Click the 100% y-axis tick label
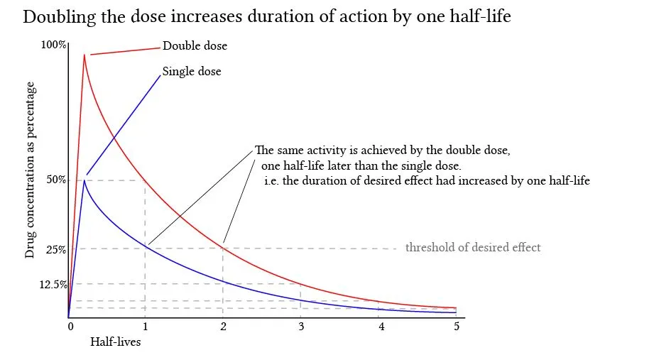(x=53, y=45)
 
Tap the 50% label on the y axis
(x=56, y=180)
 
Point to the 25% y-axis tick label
(x=56, y=249)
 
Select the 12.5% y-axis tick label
(x=53, y=284)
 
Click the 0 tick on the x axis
(x=70, y=327)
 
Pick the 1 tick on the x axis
(x=146, y=327)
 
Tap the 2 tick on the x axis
(x=223, y=327)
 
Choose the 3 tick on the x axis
(x=300, y=327)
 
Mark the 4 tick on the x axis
(x=381, y=327)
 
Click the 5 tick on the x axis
(x=456, y=327)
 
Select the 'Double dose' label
(x=195, y=46)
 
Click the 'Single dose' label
(x=192, y=72)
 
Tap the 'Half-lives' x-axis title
(x=115, y=342)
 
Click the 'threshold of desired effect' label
(x=473, y=248)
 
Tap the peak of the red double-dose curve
(x=84, y=54)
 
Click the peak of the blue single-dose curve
(x=85, y=180)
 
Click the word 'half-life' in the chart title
(x=481, y=16)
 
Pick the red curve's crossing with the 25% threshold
(x=222, y=248)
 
